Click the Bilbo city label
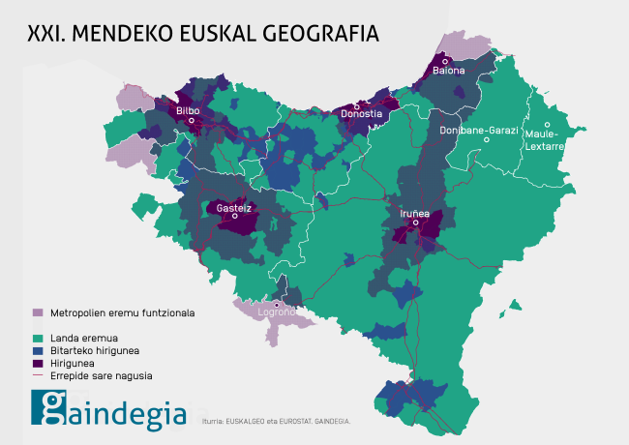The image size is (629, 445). (x=188, y=111)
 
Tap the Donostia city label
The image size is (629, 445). (x=362, y=114)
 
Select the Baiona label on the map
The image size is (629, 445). (x=448, y=71)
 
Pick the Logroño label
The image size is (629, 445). (x=276, y=313)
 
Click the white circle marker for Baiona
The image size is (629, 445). (x=445, y=61)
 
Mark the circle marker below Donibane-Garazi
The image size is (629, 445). (x=487, y=140)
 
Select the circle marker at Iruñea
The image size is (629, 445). (x=415, y=222)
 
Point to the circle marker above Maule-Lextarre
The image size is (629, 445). (x=547, y=125)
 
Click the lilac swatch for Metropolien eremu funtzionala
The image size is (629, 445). (x=38, y=312)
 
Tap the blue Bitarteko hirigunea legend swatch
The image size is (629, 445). (x=38, y=350)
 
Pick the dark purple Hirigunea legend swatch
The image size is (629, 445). (x=38, y=363)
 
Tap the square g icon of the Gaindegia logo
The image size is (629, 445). (x=48, y=407)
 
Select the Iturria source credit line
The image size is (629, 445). (x=276, y=421)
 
